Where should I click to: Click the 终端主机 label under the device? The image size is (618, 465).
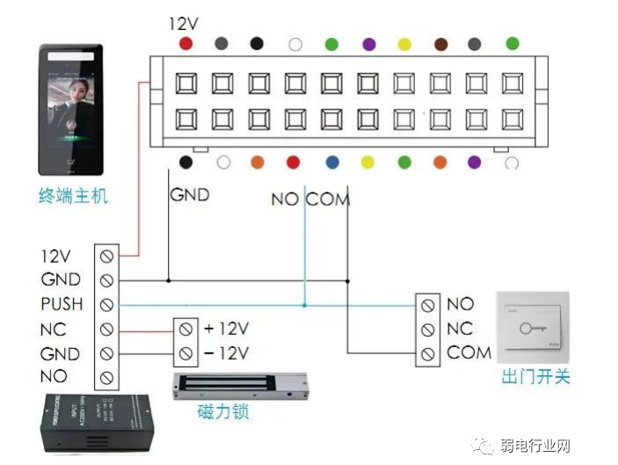[x=73, y=196]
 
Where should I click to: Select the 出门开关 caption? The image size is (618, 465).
[x=535, y=376]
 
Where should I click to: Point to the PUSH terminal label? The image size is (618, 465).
[x=62, y=304]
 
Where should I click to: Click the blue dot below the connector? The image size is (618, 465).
[x=331, y=163]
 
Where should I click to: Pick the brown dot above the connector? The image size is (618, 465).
[x=438, y=43]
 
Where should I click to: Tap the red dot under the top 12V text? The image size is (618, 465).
[x=185, y=43]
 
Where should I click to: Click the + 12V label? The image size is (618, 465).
[x=226, y=329]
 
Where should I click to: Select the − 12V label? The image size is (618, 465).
[x=226, y=353]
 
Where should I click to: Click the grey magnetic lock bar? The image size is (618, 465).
[x=241, y=383]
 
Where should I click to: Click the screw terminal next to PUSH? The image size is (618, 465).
[x=106, y=305]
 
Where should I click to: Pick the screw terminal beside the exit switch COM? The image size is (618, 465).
[x=428, y=354]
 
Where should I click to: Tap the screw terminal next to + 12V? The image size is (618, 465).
[x=187, y=329]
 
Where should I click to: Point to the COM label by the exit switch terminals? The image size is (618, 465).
[x=469, y=353]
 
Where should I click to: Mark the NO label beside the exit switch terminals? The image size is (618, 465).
[x=460, y=304]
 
